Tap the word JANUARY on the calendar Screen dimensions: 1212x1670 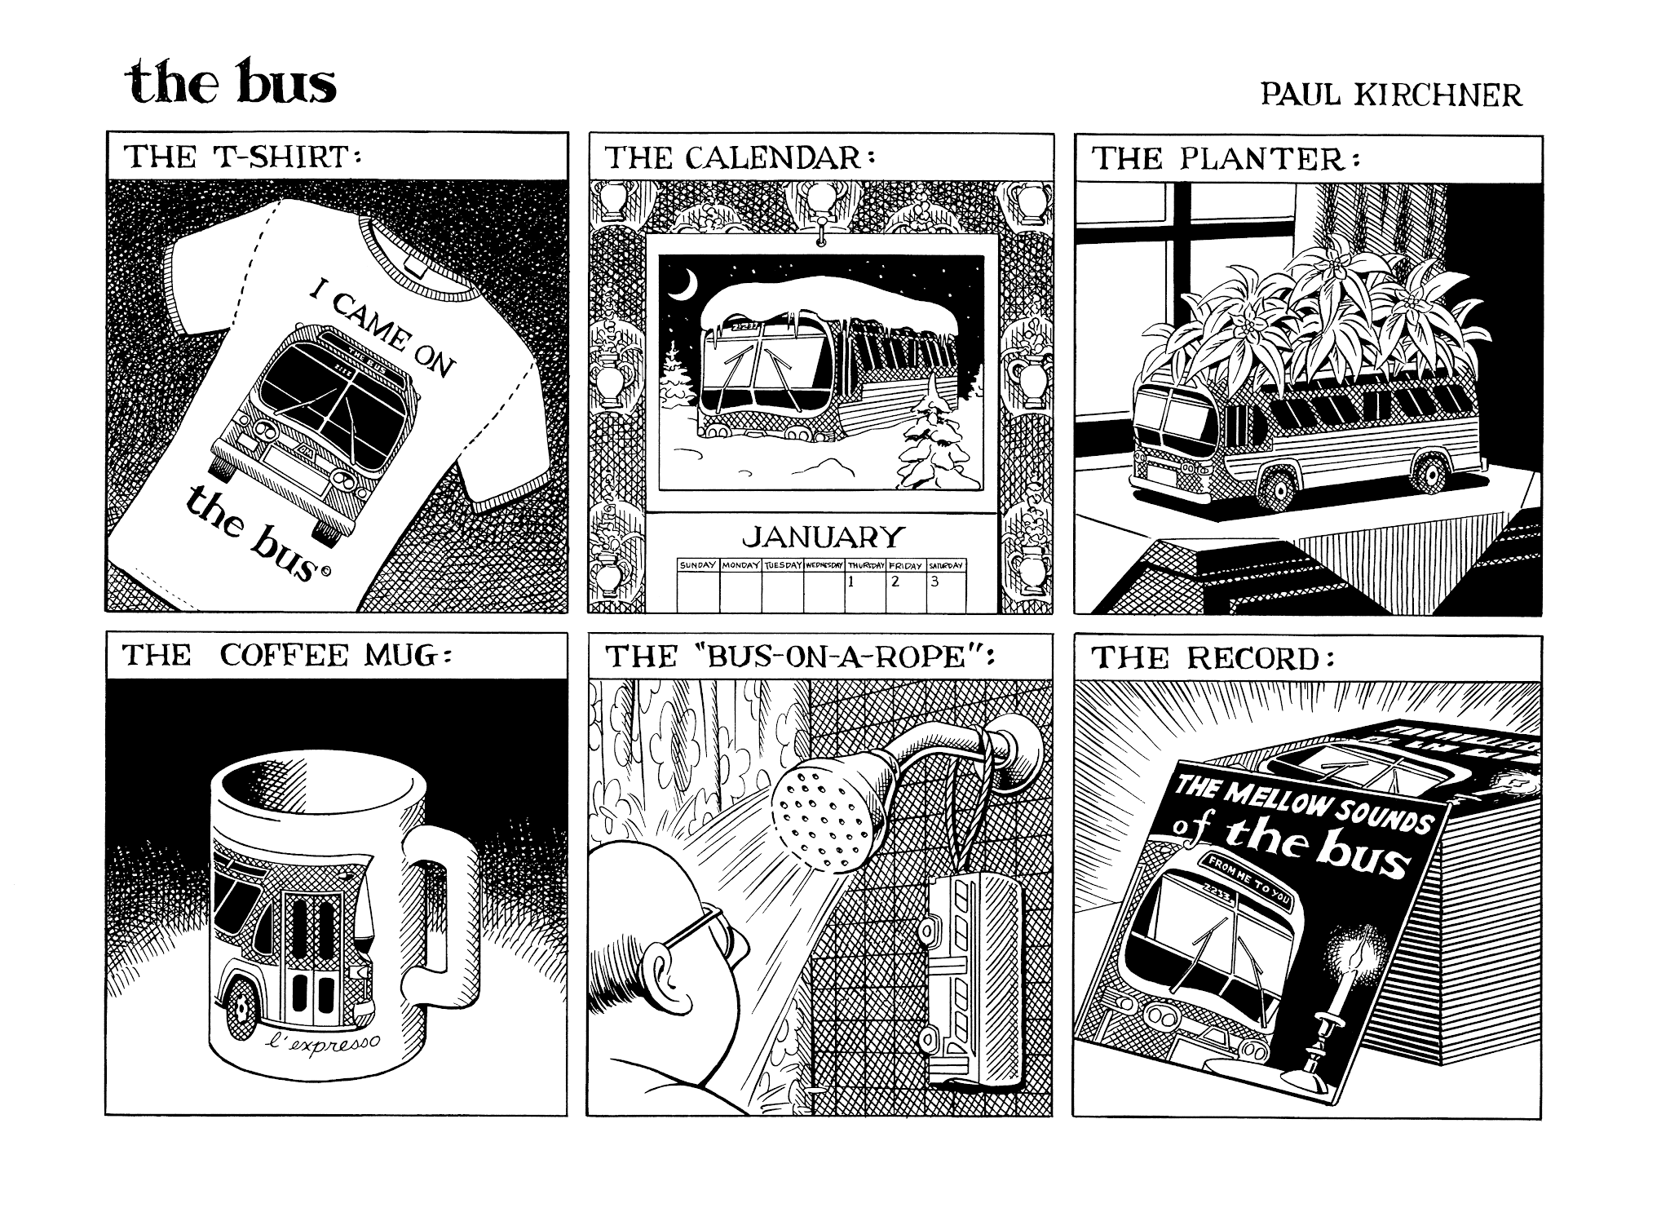click(x=824, y=537)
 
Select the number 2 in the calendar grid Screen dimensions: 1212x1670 click(x=895, y=582)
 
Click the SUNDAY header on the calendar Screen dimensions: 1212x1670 click(x=698, y=564)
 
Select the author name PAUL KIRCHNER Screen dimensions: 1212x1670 click(x=1390, y=95)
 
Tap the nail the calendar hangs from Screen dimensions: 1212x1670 click(x=822, y=236)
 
